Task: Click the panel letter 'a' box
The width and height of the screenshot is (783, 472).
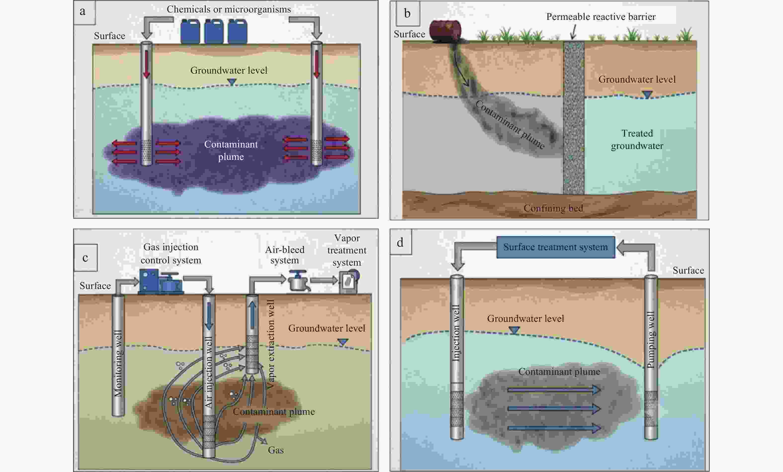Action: (85, 13)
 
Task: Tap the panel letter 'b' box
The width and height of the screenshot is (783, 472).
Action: (408, 14)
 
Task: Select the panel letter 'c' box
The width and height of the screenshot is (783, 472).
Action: (86, 257)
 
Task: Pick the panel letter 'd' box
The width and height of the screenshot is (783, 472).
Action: (401, 242)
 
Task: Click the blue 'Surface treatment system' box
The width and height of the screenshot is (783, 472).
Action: (556, 247)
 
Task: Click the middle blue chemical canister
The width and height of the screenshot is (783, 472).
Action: (214, 31)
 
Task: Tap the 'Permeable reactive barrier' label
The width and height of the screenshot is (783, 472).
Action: (601, 16)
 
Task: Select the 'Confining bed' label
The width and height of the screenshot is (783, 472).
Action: (553, 208)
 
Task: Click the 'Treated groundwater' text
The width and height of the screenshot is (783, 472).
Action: (637, 139)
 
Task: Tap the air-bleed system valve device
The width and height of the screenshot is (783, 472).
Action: (298, 280)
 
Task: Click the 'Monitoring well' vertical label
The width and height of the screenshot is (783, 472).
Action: (118, 364)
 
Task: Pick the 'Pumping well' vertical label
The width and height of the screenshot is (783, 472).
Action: (651, 340)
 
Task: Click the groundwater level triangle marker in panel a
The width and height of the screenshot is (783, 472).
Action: (232, 82)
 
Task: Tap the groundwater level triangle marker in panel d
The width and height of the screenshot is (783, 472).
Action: (514, 330)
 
